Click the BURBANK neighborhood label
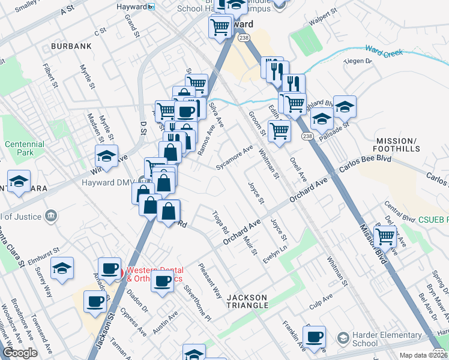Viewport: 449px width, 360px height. click(71, 46)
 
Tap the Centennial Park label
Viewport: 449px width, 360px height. click(25, 149)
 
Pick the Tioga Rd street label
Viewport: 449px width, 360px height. click(220, 222)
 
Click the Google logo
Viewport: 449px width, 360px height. click(20, 353)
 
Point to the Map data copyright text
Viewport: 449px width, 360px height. click(423, 355)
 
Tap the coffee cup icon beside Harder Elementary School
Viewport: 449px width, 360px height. click(314, 337)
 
